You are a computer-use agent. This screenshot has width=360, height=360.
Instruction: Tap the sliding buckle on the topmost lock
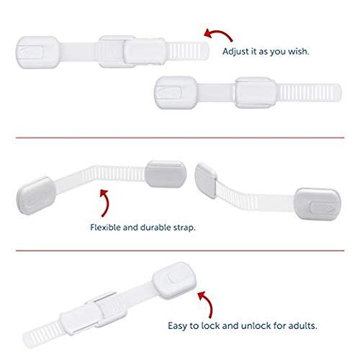[x=120, y=50]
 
